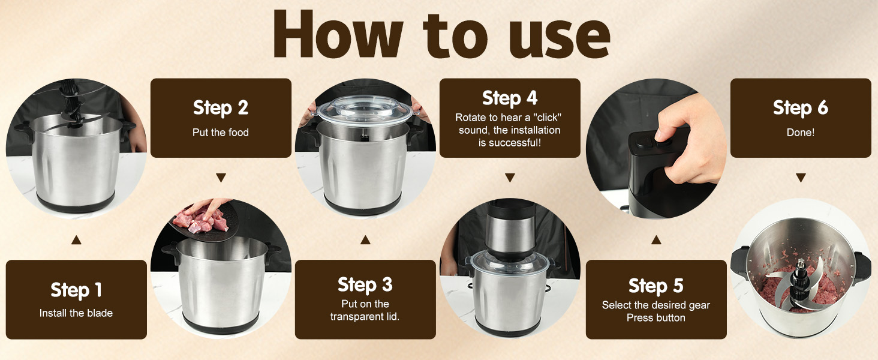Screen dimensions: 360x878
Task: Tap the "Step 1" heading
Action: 76,290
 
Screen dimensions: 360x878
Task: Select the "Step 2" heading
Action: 221,107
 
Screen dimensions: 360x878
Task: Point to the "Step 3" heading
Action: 365,284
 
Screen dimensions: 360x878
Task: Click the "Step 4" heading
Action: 510,98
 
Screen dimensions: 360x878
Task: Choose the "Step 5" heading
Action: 656,286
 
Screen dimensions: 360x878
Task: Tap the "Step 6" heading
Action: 800,107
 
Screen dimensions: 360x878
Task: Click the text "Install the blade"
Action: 76,313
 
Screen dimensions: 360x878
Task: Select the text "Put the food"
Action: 221,132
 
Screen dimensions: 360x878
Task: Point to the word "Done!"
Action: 800,132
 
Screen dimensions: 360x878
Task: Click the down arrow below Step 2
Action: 221,178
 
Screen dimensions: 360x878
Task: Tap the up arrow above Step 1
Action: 76,240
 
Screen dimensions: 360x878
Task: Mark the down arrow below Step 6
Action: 800,178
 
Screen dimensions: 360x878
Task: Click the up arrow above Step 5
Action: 656,240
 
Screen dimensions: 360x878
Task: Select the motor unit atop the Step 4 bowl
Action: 509,231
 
